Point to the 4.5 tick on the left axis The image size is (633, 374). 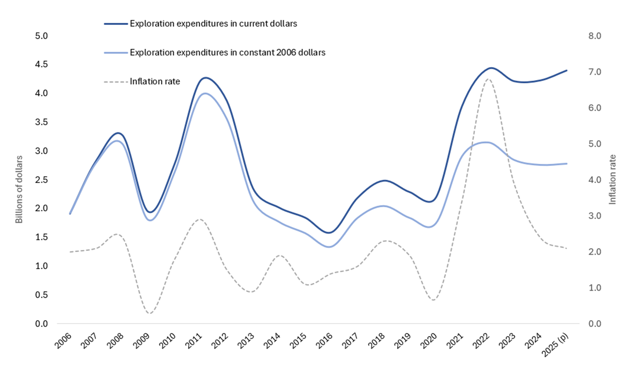41,64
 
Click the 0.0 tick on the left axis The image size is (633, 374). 41,324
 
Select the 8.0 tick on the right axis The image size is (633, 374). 595,36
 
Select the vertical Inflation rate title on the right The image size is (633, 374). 612,179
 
